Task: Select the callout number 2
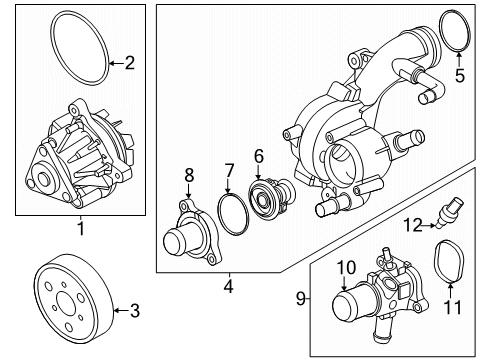coord(128,63)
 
